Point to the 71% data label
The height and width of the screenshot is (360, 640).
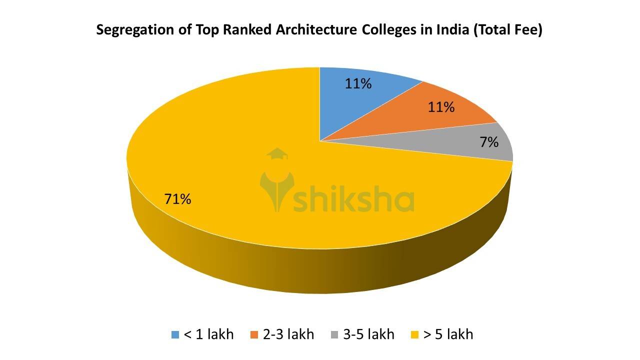(x=178, y=199)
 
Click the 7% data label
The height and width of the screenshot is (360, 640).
(x=489, y=142)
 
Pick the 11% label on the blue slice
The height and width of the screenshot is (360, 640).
(x=358, y=83)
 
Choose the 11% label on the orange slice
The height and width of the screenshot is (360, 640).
(x=441, y=107)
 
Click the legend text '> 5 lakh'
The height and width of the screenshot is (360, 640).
(x=448, y=334)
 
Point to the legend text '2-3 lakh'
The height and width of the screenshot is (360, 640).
(x=288, y=334)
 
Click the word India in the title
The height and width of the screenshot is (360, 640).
(x=449, y=30)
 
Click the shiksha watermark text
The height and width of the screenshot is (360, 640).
(x=353, y=199)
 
